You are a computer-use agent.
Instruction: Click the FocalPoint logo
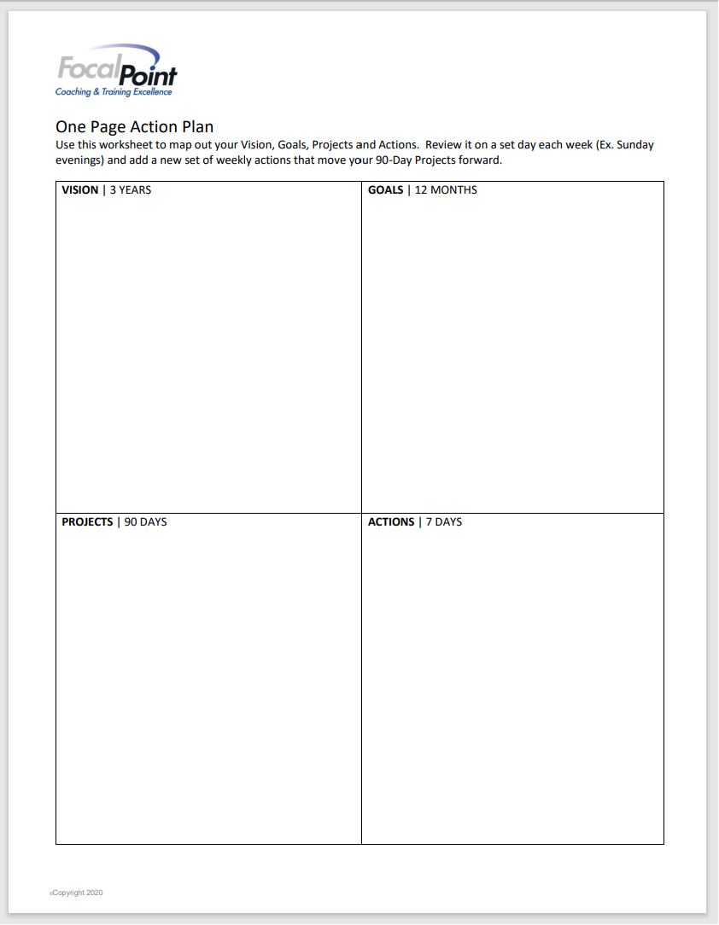pos(116,71)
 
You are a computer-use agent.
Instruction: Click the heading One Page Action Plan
pos(134,128)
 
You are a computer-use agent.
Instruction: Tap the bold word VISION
pos(80,190)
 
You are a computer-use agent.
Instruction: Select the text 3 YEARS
pos(131,190)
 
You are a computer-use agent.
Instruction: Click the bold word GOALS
pos(385,190)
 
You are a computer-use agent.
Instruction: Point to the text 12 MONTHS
pos(446,190)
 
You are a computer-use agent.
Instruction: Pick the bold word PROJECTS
pos(87,522)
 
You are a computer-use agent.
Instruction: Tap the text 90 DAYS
pos(146,522)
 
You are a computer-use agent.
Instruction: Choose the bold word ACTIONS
pos(391,522)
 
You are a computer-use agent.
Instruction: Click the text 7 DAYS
pos(444,522)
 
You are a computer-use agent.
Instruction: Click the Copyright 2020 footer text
pos(77,893)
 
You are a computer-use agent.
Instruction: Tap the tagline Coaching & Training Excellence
pos(114,92)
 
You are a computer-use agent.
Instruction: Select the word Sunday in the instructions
pos(634,145)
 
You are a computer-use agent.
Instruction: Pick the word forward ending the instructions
pos(482,160)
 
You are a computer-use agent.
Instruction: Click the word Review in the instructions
pos(444,145)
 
